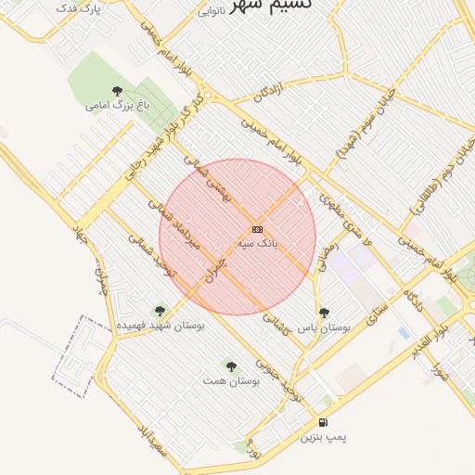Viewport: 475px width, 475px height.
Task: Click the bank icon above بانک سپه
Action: (257, 229)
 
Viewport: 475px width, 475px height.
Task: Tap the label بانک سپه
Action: (257, 243)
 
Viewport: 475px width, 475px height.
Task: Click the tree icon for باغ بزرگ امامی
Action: (117, 91)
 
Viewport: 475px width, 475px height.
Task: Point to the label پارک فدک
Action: (78, 7)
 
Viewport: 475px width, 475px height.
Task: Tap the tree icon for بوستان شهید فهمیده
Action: (160, 312)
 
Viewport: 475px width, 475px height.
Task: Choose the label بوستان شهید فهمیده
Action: (160, 326)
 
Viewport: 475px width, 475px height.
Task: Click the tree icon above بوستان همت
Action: (231, 367)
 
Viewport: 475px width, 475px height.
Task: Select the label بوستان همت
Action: (231, 381)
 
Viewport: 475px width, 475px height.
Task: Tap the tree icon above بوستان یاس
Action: (324, 314)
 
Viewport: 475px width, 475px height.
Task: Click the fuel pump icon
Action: (323, 422)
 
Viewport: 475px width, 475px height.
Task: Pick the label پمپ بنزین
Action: (323, 436)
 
